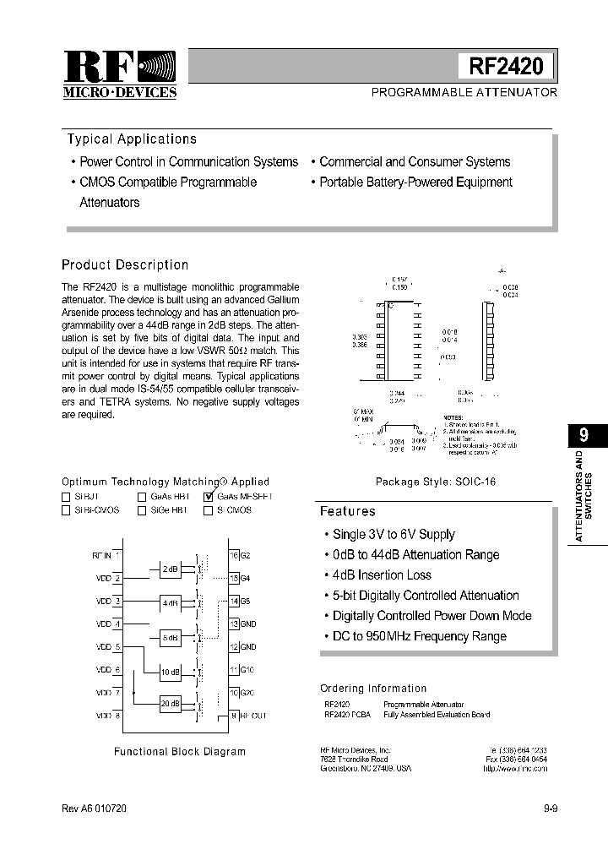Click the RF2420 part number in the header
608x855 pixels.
coord(506,66)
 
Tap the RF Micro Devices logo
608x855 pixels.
coord(120,74)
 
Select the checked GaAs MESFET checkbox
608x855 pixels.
coord(209,498)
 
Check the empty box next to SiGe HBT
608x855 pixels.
coord(142,510)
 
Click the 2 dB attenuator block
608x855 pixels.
coord(170,569)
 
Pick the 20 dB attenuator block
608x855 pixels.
coord(170,703)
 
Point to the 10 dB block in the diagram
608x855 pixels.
coord(170,672)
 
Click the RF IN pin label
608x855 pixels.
coord(101,556)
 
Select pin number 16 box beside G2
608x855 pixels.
coord(234,556)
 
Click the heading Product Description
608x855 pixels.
coord(125,265)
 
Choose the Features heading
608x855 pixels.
coord(347,511)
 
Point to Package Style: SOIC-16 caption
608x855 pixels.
coord(435,482)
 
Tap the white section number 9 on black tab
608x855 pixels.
coord(584,435)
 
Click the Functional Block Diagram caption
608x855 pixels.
coord(179,751)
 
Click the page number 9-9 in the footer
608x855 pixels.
coord(551,809)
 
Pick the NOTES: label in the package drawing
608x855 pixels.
coord(453,417)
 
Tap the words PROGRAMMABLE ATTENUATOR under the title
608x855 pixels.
coord(464,92)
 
